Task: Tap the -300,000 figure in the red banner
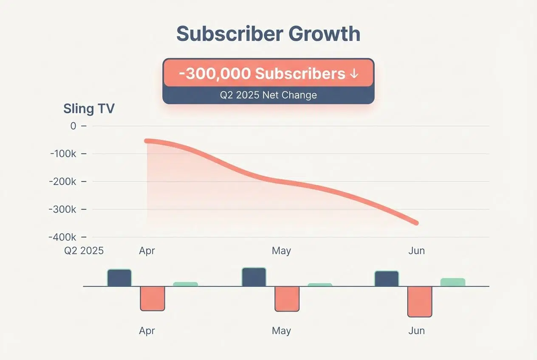[x=215, y=73]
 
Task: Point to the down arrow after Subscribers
[x=353, y=74]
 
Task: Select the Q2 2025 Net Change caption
[x=268, y=95]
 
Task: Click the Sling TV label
[x=89, y=109]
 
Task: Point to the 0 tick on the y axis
[x=73, y=126]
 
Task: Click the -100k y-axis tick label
[x=63, y=154]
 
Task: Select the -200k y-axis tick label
[x=63, y=181]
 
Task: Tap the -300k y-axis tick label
[x=63, y=209]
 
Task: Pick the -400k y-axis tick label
[x=63, y=237]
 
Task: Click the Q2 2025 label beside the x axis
[x=84, y=251]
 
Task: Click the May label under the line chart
[x=281, y=251]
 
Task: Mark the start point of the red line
[x=147, y=141]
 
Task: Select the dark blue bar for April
[x=119, y=278]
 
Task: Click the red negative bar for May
[x=287, y=299]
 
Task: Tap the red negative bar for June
[x=420, y=301]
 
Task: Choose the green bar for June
[x=453, y=282]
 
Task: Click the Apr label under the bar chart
[x=147, y=331]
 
